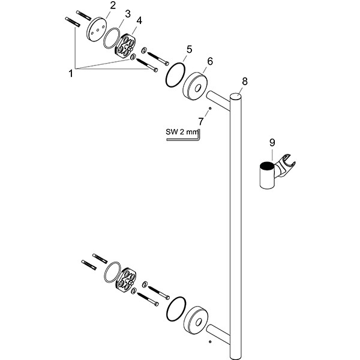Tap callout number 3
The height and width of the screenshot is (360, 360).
click(127, 13)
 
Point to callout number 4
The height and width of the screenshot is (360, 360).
click(139, 21)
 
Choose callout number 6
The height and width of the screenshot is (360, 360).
click(209, 61)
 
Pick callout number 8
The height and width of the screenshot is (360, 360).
click(244, 81)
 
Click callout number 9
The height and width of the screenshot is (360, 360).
click(272, 143)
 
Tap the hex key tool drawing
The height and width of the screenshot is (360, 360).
click(186, 139)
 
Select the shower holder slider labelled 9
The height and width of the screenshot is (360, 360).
click(270, 174)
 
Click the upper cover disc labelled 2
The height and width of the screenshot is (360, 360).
click(96, 30)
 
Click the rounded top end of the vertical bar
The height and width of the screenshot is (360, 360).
click(236, 97)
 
